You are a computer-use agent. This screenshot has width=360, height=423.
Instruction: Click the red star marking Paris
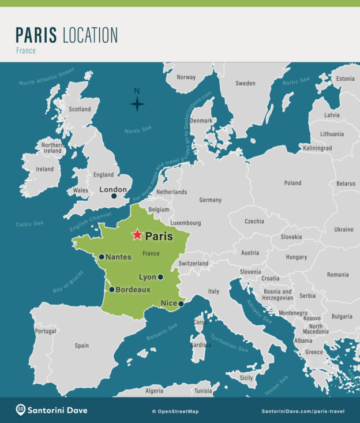point(137,234)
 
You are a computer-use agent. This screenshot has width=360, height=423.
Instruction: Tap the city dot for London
point(114,196)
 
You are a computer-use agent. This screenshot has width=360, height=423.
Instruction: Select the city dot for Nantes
point(102,257)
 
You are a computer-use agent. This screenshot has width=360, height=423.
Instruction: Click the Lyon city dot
point(160,277)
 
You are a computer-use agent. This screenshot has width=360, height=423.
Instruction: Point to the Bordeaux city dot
point(111,289)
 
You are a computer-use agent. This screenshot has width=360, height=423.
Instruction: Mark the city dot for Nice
point(181,303)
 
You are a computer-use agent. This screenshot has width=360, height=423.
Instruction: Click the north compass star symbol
point(137,104)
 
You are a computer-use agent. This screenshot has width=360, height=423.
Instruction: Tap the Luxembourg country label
point(185,223)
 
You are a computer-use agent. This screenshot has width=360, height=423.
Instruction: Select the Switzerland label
point(193,263)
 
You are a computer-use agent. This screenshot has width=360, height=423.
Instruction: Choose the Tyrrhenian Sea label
point(229,343)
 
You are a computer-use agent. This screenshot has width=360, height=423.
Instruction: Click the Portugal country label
point(45,331)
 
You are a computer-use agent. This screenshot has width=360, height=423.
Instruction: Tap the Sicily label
point(246,378)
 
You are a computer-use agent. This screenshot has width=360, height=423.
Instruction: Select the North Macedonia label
point(316,329)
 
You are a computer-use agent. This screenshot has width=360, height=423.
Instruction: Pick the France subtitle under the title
point(26,51)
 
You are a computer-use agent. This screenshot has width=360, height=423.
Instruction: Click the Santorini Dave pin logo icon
point(21,410)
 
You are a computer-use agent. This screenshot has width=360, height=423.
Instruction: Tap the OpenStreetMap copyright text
point(175,411)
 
